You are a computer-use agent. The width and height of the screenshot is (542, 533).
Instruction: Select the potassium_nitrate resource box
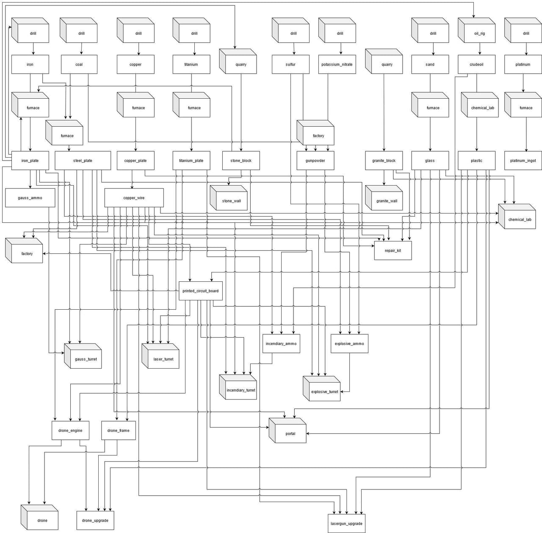pos(337,64)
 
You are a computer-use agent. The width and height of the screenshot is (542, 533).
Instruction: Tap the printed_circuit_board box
pos(201,291)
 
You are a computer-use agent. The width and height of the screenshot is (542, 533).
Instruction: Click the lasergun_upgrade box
pos(346,523)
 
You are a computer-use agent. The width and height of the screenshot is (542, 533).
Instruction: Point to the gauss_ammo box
pos(30,198)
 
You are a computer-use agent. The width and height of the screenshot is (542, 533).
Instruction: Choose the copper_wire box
pos(134,198)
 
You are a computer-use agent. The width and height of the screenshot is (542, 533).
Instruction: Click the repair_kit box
pos(393,250)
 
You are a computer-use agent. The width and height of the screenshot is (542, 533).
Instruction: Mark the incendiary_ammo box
pos(281,344)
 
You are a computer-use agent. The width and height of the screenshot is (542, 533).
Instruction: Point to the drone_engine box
pos(70,430)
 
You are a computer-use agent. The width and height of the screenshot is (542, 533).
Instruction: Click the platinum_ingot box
pos(523,161)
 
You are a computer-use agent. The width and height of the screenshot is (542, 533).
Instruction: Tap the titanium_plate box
pos(191,161)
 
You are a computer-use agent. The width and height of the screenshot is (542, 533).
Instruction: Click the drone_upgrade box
pos(95,520)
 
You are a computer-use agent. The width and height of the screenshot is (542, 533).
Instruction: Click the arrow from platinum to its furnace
pos(523,83)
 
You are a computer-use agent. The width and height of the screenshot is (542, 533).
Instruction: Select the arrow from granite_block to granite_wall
pos(384,178)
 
